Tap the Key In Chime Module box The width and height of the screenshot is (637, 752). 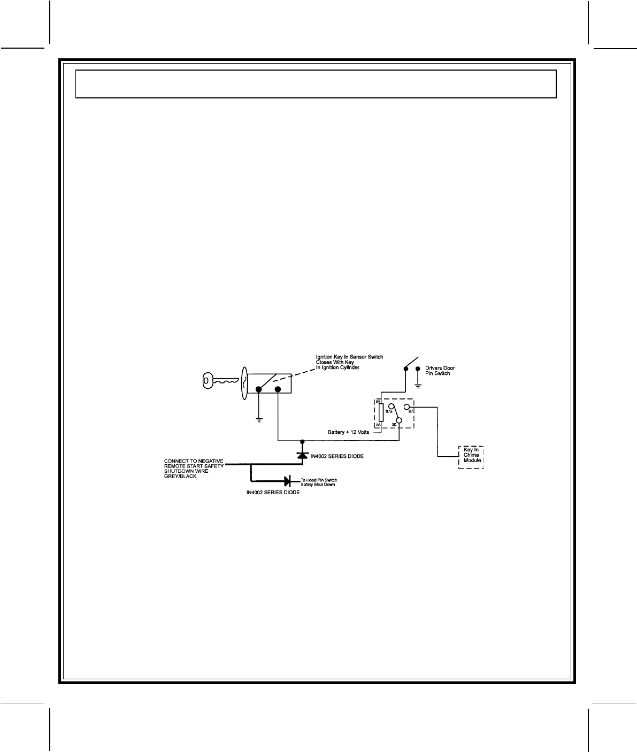point(470,457)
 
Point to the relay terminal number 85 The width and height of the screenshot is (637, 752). point(378,401)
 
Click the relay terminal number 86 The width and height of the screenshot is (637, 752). point(378,425)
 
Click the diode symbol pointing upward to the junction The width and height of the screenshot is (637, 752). point(302,455)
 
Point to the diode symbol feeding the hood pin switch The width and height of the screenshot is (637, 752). point(287,481)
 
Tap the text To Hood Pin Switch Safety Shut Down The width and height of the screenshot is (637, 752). point(323,482)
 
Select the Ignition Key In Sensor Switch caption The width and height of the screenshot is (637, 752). point(350,362)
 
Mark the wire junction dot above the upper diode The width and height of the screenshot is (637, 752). point(302,441)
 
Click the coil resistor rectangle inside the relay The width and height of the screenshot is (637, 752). point(380,412)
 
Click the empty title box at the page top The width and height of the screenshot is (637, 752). point(316,83)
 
